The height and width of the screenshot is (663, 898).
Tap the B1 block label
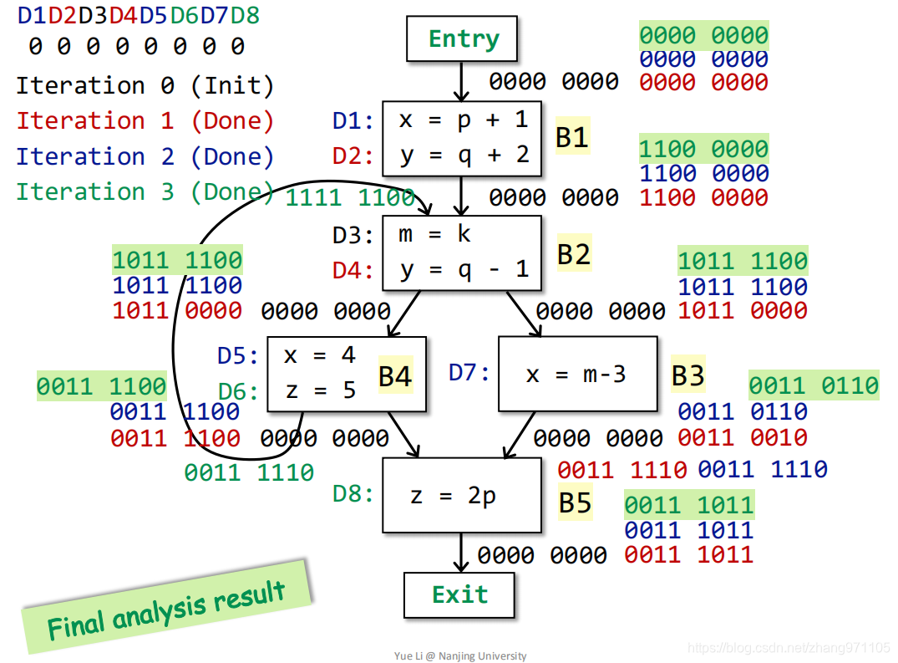point(572,137)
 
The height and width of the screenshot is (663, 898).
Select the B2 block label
point(574,254)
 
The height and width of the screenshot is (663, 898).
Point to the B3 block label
point(687,375)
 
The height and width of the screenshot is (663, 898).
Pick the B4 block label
point(395,376)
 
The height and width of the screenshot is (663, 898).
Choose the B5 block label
point(575,502)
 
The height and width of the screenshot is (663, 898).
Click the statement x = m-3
point(576,375)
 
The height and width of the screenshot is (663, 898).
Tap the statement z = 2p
point(453,496)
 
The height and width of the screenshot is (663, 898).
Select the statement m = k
point(434,234)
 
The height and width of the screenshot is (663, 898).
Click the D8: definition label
point(353,493)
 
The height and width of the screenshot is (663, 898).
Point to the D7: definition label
point(469,373)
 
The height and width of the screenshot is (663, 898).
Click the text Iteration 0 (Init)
point(145,85)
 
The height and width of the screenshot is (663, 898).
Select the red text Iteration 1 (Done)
point(145,121)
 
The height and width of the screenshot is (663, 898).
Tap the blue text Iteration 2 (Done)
point(145,156)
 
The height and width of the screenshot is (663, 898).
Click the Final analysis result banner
point(167,608)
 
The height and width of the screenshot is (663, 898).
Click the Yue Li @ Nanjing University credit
point(460,655)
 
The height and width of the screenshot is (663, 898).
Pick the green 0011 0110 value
point(814,385)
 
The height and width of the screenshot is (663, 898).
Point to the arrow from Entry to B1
point(461,81)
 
